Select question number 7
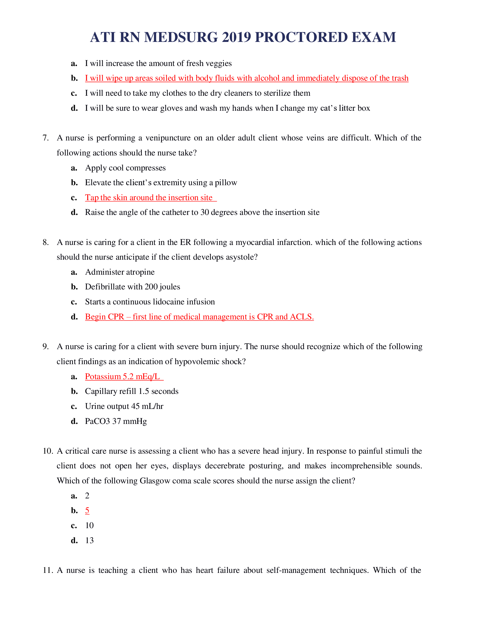pyautogui.click(x=46, y=138)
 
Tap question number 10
pyautogui.click(x=48, y=451)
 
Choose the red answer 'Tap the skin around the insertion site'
pyautogui.click(x=149, y=198)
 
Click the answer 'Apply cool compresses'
pyautogui.click(x=125, y=168)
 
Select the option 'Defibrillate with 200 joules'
pyautogui.click(x=132, y=287)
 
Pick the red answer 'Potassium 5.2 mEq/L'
pyautogui.click(x=122, y=377)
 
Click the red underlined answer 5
pyautogui.click(x=87, y=510)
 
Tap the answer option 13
pyautogui.click(x=89, y=540)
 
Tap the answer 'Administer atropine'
pyautogui.click(x=120, y=272)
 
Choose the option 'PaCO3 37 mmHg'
pyautogui.click(x=116, y=421)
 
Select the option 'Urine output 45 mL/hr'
pyautogui.click(x=124, y=406)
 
